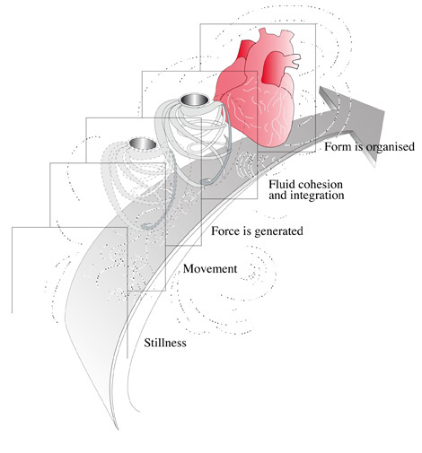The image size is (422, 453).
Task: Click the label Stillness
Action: tap(165, 343)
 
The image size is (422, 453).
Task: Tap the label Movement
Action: tap(210, 268)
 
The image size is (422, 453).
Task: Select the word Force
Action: tap(224, 231)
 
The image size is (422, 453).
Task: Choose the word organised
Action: tap(386, 147)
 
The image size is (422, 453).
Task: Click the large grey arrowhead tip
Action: tap(384, 112)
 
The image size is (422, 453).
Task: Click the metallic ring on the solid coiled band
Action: tap(194, 100)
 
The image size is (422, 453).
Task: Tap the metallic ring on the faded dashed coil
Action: tap(143, 144)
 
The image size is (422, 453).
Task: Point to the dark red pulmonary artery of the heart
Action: tap(272, 67)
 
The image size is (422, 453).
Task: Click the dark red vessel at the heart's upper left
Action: tap(244, 49)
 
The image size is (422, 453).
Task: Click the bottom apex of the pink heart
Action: tap(274, 146)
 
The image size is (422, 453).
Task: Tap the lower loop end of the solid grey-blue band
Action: tap(206, 181)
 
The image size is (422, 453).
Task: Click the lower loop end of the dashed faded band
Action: tap(146, 226)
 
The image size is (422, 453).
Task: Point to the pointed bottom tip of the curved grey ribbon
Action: tap(118, 429)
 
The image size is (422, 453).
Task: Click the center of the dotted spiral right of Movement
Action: tap(253, 274)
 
